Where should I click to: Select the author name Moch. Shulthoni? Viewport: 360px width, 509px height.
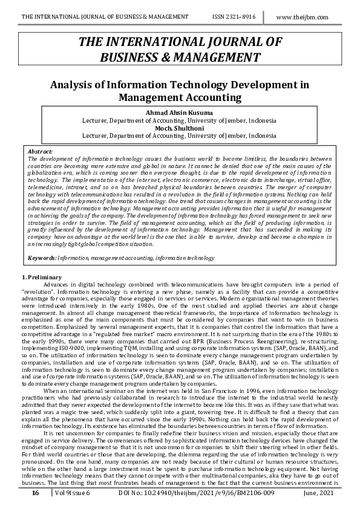click(x=179, y=128)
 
